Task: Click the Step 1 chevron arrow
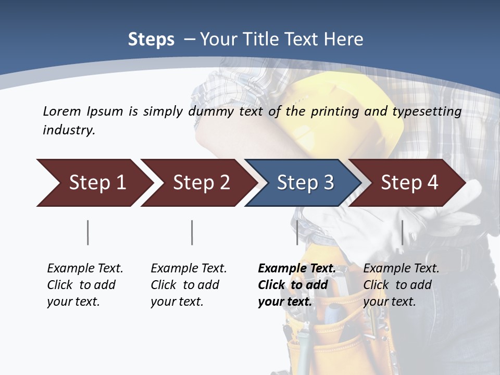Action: [94, 182]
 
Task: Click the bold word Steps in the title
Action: [151, 40]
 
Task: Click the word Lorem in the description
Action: [61, 111]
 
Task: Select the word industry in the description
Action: [68, 130]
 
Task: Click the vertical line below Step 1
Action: [88, 232]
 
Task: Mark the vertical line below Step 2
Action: [192, 232]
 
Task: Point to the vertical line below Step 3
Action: [297, 232]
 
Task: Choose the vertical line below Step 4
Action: [402, 232]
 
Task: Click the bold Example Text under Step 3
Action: [297, 268]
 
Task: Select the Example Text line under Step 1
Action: [85, 268]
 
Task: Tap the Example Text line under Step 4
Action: [401, 268]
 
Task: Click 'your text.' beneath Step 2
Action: [177, 302]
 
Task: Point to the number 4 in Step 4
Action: [432, 182]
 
